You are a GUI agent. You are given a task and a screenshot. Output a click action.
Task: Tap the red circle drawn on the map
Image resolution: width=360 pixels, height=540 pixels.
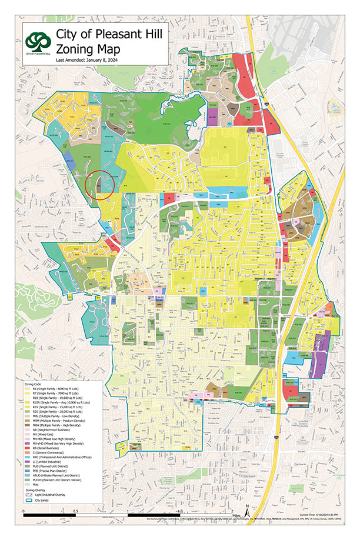click(98, 185)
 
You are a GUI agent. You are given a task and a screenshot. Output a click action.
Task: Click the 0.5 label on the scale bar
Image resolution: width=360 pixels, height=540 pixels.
click(76, 511)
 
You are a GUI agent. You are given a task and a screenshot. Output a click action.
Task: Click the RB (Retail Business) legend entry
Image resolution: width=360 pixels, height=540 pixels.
click(53, 447)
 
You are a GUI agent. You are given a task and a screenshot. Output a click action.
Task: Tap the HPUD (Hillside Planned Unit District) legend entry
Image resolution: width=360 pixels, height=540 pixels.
click(65, 474)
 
